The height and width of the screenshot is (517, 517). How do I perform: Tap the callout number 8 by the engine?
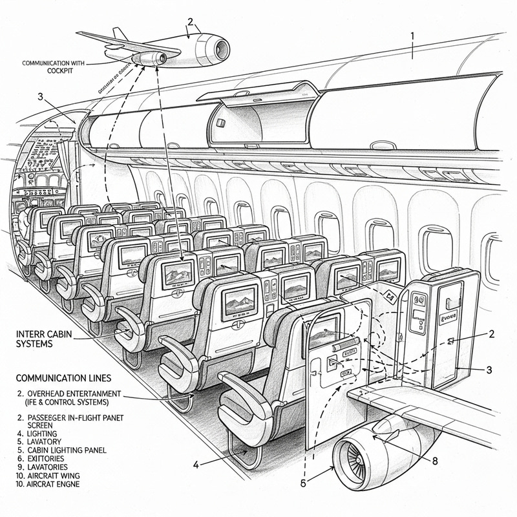point(435,461)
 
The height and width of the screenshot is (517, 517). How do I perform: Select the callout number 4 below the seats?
point(196,463)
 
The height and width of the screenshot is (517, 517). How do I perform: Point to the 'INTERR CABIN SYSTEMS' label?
point(42,339)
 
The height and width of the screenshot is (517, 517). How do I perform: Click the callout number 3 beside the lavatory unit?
point(489,370)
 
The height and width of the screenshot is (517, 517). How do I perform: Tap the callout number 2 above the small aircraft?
point(190,21)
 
